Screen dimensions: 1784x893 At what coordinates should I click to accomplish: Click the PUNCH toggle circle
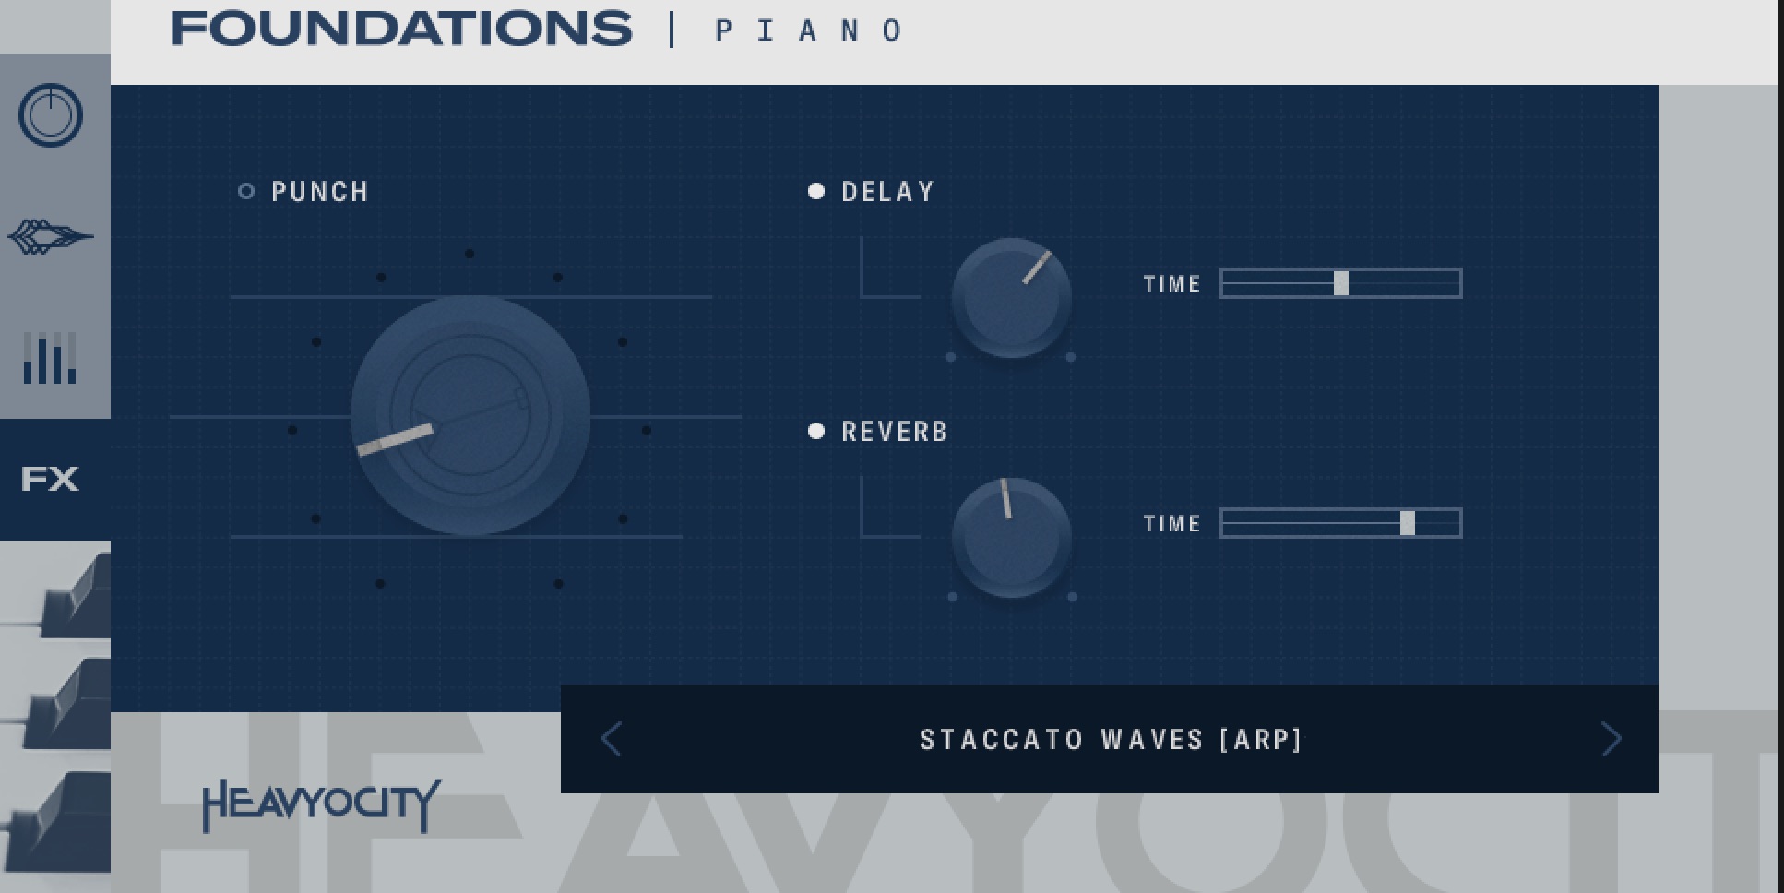click(246, 191)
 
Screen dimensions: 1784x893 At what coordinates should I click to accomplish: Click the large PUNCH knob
click(470, 415)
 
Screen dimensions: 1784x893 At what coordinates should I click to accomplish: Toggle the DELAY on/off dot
click(816, 191)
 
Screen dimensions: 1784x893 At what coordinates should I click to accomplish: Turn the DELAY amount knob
click(1011, 297)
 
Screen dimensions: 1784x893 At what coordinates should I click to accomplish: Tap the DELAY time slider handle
click(1341, 283)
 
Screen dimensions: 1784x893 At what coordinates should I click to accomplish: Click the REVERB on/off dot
click(816, 431)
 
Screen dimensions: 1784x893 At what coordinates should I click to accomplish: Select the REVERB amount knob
click(1011, 537)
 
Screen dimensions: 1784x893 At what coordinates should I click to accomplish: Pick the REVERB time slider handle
click(1408, 523)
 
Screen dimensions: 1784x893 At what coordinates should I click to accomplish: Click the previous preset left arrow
click(612, 739)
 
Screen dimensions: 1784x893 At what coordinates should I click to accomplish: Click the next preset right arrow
click(1611, 739)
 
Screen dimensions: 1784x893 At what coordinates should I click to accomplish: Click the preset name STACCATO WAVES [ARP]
click(1111, 740)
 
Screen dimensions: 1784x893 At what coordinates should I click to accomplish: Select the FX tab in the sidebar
click(50, 479)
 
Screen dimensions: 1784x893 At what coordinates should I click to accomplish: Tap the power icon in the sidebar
click(51, 115)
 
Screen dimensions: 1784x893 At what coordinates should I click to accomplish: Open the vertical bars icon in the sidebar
click(50, 358)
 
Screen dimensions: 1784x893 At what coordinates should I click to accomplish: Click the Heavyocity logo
click(321, 804)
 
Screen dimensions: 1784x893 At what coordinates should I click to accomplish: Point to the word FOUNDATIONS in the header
click(402, 29)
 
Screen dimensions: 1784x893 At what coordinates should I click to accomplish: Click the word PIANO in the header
click(810, 30)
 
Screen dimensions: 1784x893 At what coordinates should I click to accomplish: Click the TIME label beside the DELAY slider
click(1172, 284)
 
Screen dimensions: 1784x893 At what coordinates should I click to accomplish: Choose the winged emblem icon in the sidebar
click(51, 237)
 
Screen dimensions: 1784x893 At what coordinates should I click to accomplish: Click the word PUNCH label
click(320, 192)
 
